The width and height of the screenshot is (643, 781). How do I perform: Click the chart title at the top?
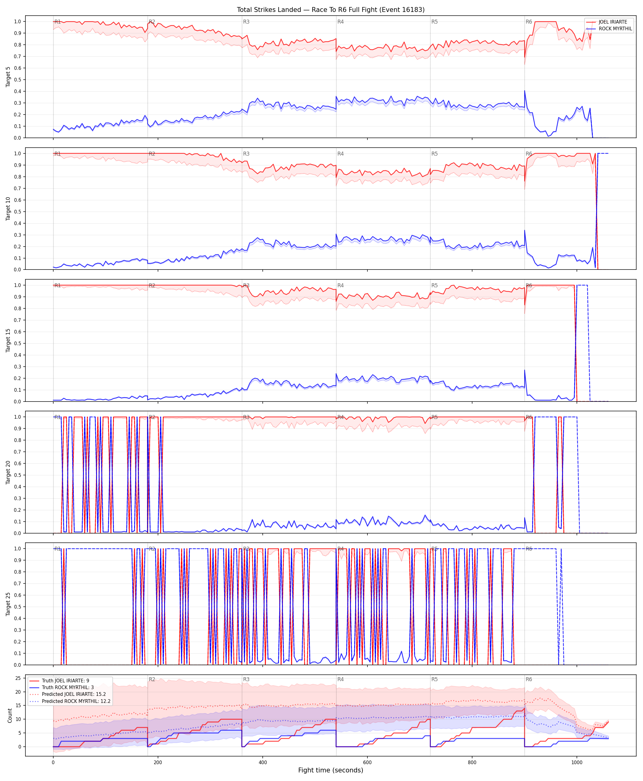pyautogui.click(x=331, y=9)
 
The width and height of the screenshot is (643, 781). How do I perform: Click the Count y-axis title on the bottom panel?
pyautogui.click(x=9, y=715)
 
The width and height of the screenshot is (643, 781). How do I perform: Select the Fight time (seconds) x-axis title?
pyautogui.click(x=331, y=770)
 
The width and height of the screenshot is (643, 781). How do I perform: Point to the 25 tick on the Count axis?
pyautogui.click(x=18, y=678)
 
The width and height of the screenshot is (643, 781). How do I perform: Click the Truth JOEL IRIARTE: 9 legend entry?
pyautogui.click(x=66, y=681)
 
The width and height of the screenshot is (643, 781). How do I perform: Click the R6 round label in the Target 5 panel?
pyautogui.click(x=529, y=22)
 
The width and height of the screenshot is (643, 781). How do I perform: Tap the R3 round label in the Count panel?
pyautogui.click(x=246, y=680)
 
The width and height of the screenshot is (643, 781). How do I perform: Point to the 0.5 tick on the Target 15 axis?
pyautogui.click(x=17, y=343)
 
